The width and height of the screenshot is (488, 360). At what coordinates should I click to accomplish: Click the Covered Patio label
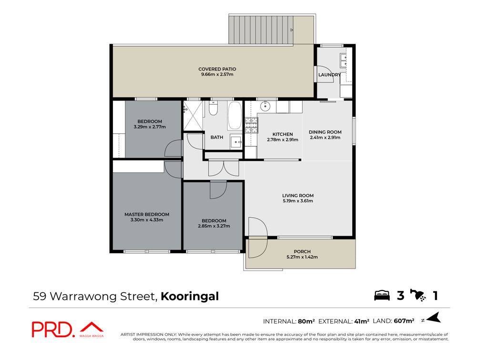tap(217, 69)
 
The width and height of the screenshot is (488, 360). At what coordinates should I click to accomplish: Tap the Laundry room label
tap(330, 75)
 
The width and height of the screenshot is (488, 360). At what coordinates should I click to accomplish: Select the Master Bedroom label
tap(147, 214)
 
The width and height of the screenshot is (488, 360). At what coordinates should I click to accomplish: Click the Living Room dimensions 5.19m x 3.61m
tap(298, 201)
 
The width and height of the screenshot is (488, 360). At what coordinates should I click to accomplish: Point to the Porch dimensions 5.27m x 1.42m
tap(302, 257)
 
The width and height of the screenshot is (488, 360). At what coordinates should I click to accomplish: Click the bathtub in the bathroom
tap(234, 116)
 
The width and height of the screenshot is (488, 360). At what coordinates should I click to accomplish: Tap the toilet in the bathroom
tap(213, 109)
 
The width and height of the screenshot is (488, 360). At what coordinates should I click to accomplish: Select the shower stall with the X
tap(193, 116)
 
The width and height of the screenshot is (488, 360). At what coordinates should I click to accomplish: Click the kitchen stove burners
tap(251, 125)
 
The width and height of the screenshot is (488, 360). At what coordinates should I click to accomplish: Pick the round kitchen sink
tap(265, 106)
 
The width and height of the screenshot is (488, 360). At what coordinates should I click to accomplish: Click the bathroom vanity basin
tap(236, 142)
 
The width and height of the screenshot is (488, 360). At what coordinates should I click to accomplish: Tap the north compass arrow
tap(434, 318)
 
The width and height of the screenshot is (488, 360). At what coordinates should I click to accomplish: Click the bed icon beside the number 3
tap(382, 295)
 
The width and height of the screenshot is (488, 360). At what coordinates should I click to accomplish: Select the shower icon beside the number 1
tap(418, 295)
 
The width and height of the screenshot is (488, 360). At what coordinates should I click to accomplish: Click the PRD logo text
tap(52, 330)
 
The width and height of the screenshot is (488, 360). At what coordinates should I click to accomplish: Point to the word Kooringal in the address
tap(190, 296)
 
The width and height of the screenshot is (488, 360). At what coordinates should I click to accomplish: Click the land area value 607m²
tap(404, 321)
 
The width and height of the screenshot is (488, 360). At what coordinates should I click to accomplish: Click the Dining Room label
tap(325, 132)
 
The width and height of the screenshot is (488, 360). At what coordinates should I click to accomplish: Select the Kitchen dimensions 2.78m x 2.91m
tap(283, 140)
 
